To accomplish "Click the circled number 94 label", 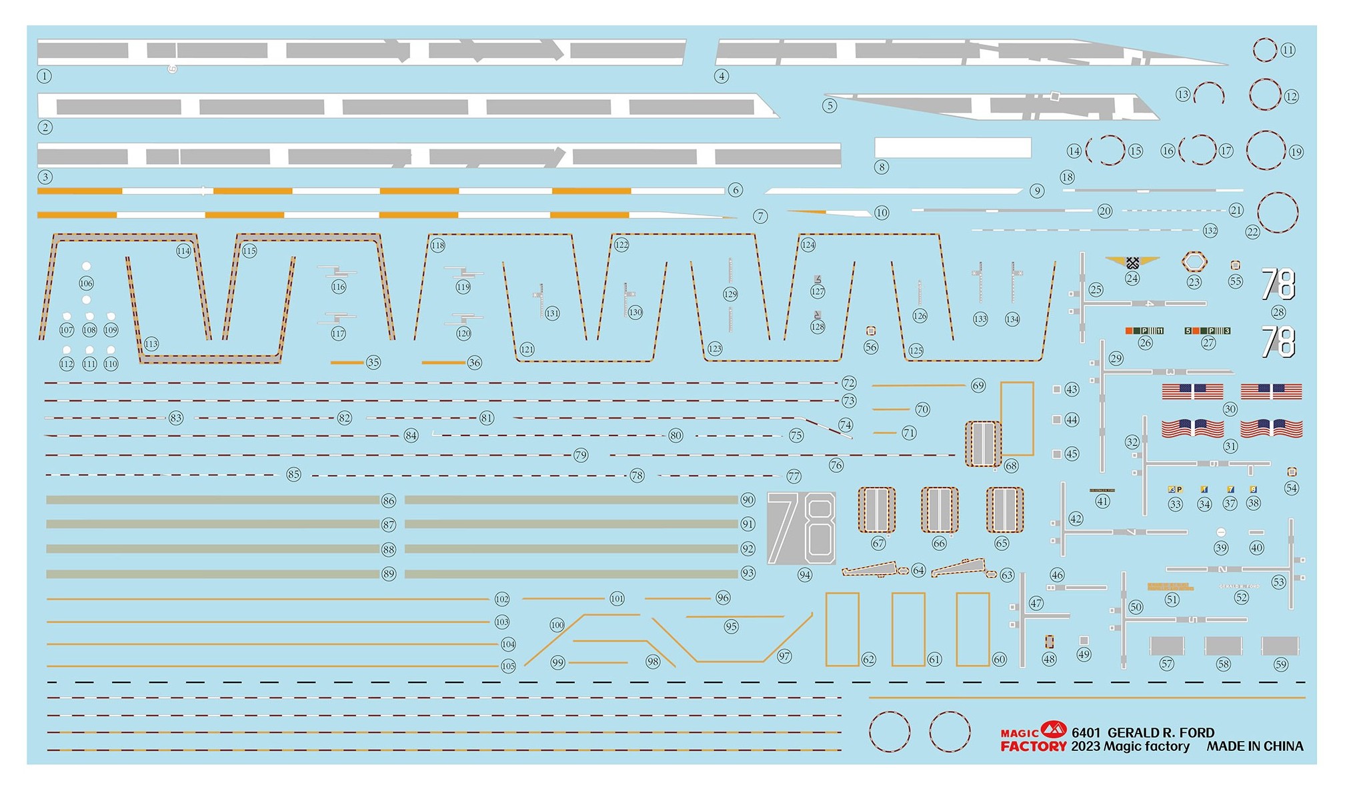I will click(x=805, y=575).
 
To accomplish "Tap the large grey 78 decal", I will click(x=802, y=528).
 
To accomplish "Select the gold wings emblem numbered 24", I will click(x=1132, y=262).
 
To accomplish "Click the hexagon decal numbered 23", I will click(x=1194, y=262).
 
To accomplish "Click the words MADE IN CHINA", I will click(x=1254, y=746).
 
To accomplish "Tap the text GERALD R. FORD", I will click(x=1161, y=732).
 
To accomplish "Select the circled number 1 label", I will click(x=44, y=76).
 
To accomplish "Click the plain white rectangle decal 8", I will click(x=952, y=147).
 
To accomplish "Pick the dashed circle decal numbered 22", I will click(x=1278, y=212).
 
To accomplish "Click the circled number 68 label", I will click(x=1011, y=466).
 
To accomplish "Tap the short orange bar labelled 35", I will click(x=347, y=362).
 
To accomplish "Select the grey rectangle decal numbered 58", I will click(x=1223, y=646).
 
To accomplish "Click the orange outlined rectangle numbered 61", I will click(x=908, y=629).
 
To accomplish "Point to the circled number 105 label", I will click(x=508, y=666).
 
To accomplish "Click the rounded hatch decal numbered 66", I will click(x=939, y=510).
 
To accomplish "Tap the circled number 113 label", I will click(x=151, y=344).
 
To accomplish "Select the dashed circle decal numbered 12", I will click(x=1264, y=94).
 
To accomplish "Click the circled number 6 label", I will click(x=736, y=190).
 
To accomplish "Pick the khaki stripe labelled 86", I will click(x=212, y=500).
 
